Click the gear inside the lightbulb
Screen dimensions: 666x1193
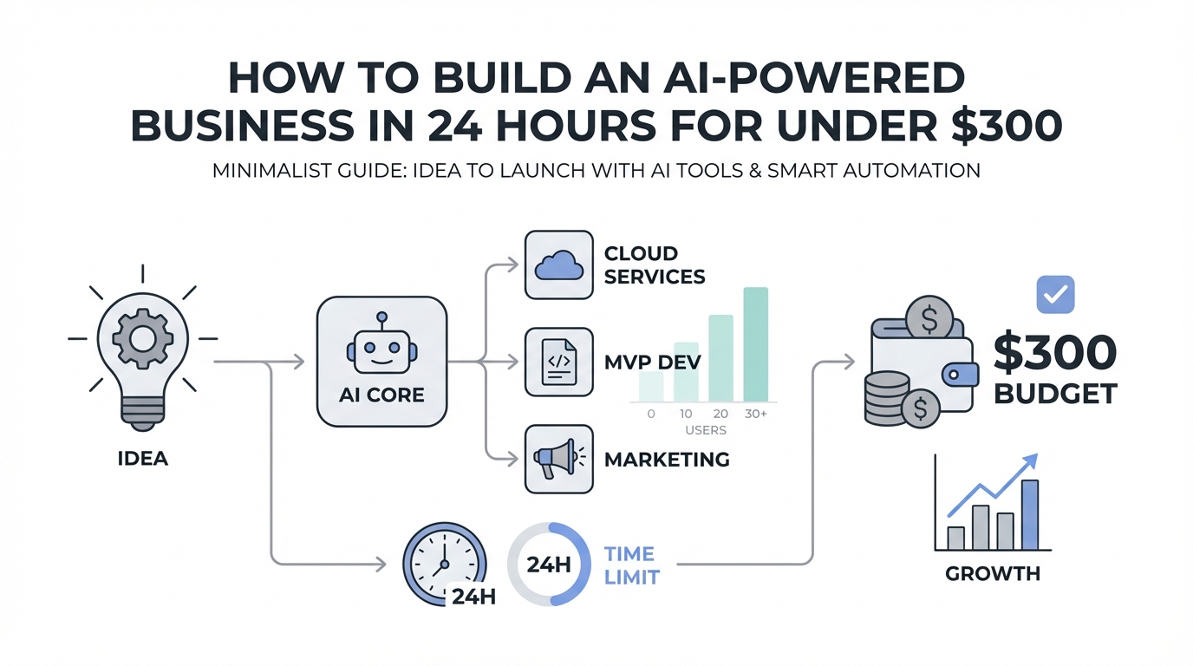tap(142, 341)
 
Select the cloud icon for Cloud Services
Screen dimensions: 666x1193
tap(559, 265)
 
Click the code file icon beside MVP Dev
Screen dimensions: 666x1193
tap(559, 362)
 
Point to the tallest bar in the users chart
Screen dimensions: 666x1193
tap(755, 344)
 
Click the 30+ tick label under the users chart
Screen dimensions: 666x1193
tap(755, 415)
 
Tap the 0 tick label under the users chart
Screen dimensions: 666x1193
tap(651, 415)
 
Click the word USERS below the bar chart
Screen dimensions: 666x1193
tap(705, 430)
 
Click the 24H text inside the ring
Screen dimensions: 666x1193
tap(548, 565)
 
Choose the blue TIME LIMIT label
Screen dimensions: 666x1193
tap(630, 565)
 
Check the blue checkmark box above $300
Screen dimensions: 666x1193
tap(1055, 295)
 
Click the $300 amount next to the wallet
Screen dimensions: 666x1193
tap(1054, 353)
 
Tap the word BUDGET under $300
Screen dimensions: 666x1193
tap(1055, 394)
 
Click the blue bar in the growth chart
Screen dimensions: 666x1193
tap(1030, 515)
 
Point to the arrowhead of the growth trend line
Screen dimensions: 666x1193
tap(1031, 460)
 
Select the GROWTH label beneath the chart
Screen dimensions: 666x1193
tap(993, 573)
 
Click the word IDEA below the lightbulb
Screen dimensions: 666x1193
tap(142, 457)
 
